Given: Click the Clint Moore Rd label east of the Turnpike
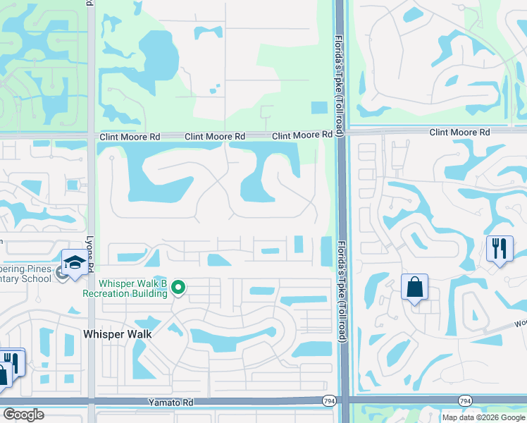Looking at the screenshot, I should [x=459, y=133].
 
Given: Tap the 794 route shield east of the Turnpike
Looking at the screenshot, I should [x=464, y=401].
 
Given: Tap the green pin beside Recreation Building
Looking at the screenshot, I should [x=179, y=287].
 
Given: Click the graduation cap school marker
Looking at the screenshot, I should [x=75, y=264].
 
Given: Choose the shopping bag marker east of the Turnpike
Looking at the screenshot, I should [x=414, y=287].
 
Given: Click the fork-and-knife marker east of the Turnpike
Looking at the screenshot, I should [x=499, y=248].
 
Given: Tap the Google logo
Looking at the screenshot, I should [x=24, y=415].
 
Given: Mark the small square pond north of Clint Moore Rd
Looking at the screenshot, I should [x=319, y=108].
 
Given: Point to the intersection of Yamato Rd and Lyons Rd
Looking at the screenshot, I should [x=90, y=401].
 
